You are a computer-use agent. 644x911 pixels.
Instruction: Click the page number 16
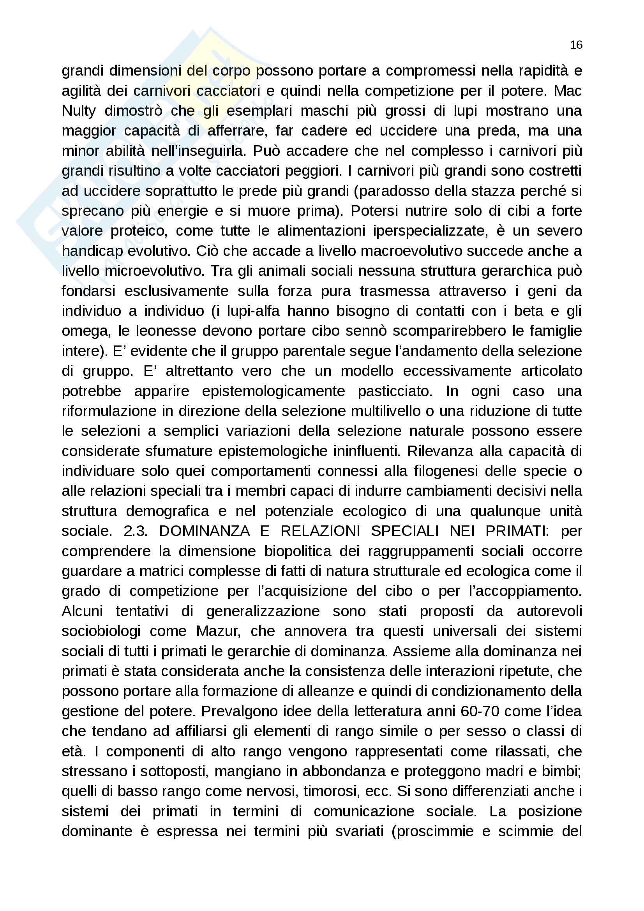pyautogui.click(x=576, y=45)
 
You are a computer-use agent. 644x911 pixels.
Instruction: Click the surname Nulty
pyautogui.click(x=79, y=111)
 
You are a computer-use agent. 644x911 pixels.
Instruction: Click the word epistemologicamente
pyautogui.click(x=273, y=391)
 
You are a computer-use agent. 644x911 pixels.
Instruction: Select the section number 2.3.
pyautogui.click(x=136, y=531)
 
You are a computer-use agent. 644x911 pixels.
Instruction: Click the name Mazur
pyautogui.click(x=218, y=631)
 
